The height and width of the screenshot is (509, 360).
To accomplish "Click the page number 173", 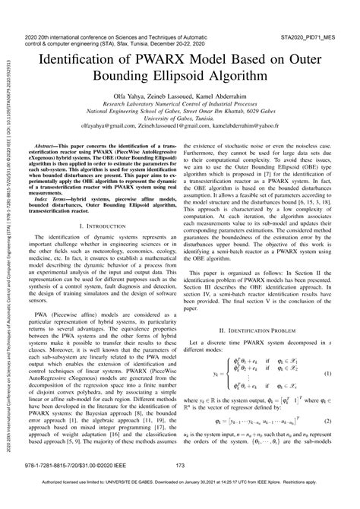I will pyautogui.click(x=180, y=487).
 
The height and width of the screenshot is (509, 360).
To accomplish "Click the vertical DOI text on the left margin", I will pyautogui.click(x=8, y=251).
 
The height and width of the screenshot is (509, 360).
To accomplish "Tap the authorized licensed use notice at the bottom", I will pyautogui.click(x=180, y=503).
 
